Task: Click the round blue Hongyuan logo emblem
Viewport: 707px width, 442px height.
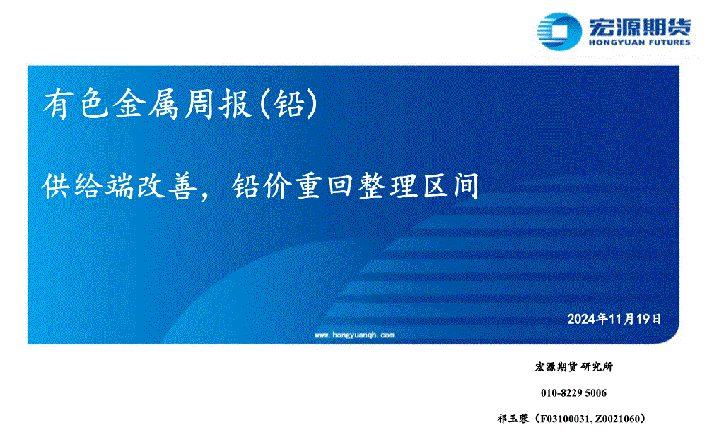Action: [x=559, y=31]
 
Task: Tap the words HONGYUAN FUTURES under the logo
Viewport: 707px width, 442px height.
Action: [x=639, y=42]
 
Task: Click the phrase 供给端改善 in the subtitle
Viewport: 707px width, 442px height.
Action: [x=120, y=186]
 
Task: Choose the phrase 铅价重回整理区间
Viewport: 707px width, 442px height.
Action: [x=356, y=186]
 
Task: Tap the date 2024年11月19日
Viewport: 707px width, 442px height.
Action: [x=614, y=319]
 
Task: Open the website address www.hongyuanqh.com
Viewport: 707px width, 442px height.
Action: [x=354, y=335]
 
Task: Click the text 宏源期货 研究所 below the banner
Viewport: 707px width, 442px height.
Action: [x=573, y=366]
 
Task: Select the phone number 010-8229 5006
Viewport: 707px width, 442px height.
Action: [x=573, y=392]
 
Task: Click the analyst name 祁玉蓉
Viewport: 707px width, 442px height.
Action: [x=513, y=419]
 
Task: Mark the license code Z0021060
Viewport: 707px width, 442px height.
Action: [x=617, y=419]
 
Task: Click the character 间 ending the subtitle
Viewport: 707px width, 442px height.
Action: [x=467, y=186]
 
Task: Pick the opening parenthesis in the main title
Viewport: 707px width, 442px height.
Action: [x=265, y=104]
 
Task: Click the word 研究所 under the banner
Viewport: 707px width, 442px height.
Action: [x=597, y=366]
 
